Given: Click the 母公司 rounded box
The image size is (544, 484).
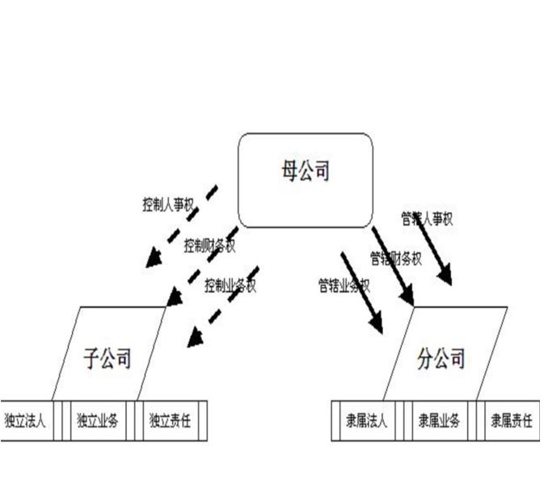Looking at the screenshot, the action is coord(306,179).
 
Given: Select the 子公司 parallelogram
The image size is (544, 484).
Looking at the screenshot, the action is coord(108,356).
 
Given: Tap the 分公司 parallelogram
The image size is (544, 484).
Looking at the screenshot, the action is coord(443,356).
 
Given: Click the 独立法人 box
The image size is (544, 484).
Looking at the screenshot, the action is coord(25,420).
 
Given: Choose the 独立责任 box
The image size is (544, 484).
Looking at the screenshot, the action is coord(169,420).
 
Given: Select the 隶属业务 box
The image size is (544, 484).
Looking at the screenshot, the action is coord(439,420).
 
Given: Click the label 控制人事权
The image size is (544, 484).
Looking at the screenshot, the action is coord(167,204).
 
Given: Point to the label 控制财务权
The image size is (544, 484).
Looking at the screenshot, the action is coord(209,245).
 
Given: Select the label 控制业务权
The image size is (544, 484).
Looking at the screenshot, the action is coord(230,285).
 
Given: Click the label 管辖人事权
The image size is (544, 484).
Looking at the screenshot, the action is coord(427,218).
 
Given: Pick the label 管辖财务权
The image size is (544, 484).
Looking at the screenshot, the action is coord(396,259).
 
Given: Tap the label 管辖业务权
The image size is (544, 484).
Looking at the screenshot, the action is coord(344,284).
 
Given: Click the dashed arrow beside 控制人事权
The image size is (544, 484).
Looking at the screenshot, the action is coord(182,226).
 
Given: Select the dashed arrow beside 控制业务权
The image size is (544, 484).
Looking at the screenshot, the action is coord(222,307).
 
